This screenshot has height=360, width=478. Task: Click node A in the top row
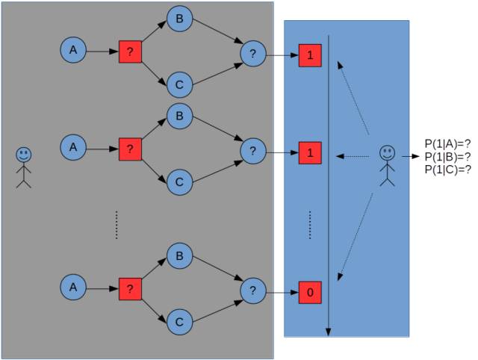72,50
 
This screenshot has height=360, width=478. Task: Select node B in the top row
179,18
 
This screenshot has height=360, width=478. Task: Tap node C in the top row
179,84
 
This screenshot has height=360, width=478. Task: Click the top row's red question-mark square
130,52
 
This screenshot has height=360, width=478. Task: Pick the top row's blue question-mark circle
253,53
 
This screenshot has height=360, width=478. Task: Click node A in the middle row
72,147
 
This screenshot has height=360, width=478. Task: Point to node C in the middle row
179,181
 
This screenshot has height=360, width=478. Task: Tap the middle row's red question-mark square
130,149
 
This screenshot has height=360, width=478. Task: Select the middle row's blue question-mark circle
253,152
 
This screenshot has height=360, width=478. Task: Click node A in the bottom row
72,287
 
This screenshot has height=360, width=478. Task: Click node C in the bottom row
179,321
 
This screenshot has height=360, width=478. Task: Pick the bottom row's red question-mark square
130,288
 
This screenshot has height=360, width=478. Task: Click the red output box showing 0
310,293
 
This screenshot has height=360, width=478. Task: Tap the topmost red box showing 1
310,55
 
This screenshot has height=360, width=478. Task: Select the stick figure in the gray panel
24,166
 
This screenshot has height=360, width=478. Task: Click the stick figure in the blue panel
386,164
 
